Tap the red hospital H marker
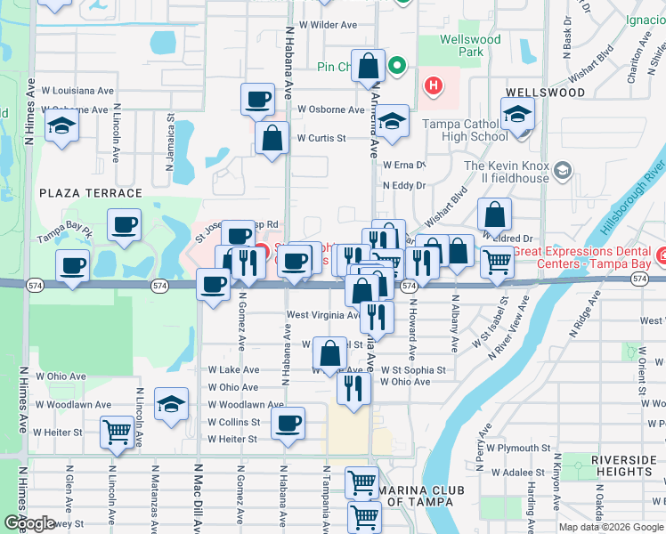click(x=433, y=85)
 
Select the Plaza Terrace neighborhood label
click(x=90, y=192)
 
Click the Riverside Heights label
click(x=622, y=465)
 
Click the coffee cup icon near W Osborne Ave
click(x=258, y=99)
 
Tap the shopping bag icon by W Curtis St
click(x=272, y=138)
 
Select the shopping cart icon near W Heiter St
click(x=118, y=432)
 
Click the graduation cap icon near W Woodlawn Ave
click(x=171, y=404)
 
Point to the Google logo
click(x=29, y=522)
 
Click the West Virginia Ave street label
click(x=322, y=315)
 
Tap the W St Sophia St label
click(x=412, y=369)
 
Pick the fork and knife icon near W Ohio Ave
click(x=354, y=386)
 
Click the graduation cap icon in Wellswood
click(x=517, y=114)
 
